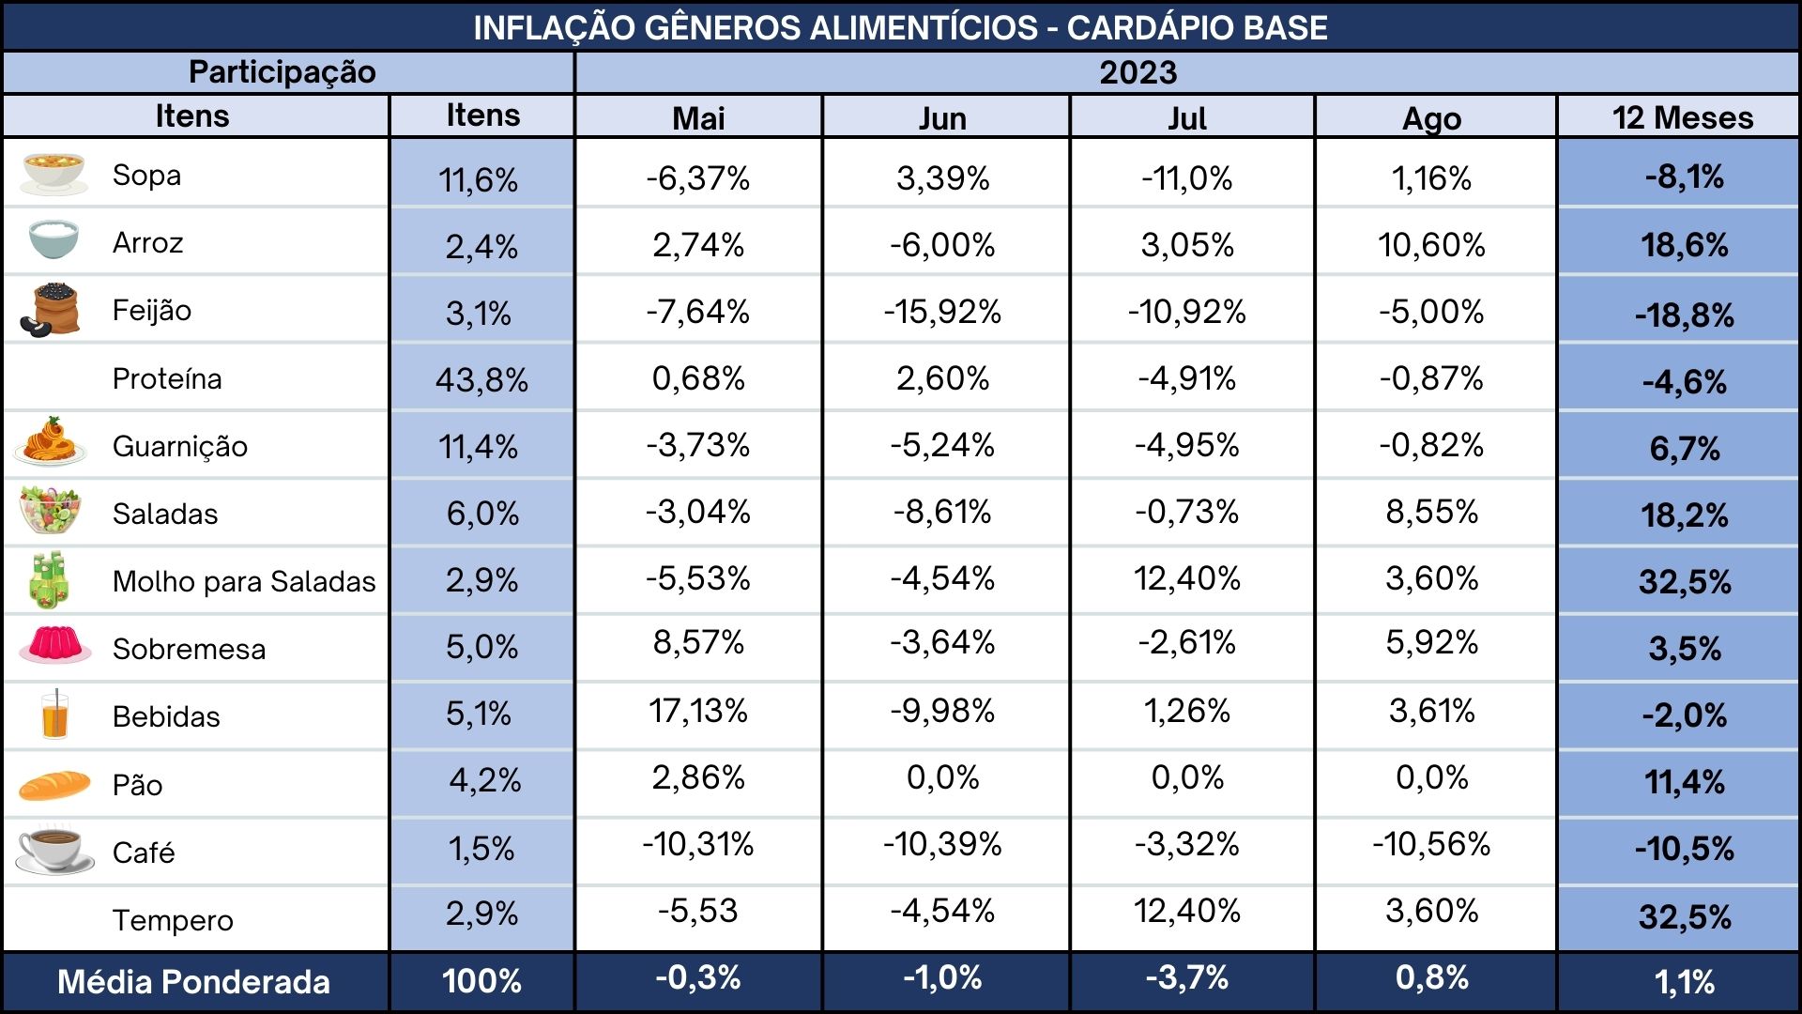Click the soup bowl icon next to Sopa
pyautogui.click(x=54, y=174)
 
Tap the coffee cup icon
pyautogui.click(x=54, y=850)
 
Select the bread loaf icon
pyautogui.click(x=54, y=784)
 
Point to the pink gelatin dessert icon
pyautogui.click(x=55, y=646)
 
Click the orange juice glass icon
pyautogui.click(x=55, y=715)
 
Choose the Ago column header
pyautogui.click(x=1431, y=118)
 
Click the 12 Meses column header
pyautogui.click(x=1683, y=117)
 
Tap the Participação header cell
pyautogui.click(x=283, y=72)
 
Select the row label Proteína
pyautogui.click(x=167, y=378)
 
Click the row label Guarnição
pyautogui.click(x=180, y=446)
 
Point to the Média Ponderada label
pyautogui.click(x=193, y=982)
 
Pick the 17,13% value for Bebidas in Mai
pyautogui.click(x=698, y=711)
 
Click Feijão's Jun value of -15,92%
pyautogui.click(x=942, y=311)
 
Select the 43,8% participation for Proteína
pyautogui.click(x=481, y=379)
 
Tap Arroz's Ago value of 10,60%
pyautogui.click(x=1431, y=245)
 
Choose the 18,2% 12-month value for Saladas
pyautogui.click(x=1685, y=515)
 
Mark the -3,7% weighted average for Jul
pyautogui.click(x=1186, y=977)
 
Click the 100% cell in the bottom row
pyautogui.click(x=481, y=981)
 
